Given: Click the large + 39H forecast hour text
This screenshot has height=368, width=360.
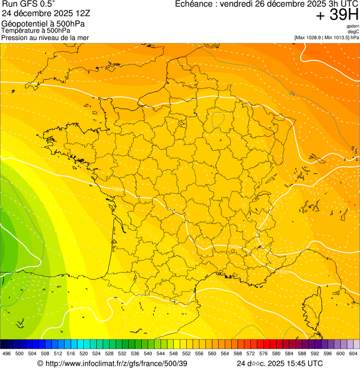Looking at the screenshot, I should pos(337,15).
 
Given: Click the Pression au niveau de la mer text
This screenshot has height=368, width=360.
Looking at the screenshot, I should pos(45,37).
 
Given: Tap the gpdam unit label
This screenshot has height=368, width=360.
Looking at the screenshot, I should pos(353,27).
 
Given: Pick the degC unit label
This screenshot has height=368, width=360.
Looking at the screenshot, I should pos(354,32).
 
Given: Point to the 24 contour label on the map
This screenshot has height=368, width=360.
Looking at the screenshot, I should pos(292,94).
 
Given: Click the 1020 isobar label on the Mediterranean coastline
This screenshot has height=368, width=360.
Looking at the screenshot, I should pos(282,272).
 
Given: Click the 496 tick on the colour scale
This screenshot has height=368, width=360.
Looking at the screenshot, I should pos(7,353).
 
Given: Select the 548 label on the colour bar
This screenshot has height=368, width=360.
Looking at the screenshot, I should pos(173,353).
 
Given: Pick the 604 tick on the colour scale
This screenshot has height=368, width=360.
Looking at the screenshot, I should pos(353,353).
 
